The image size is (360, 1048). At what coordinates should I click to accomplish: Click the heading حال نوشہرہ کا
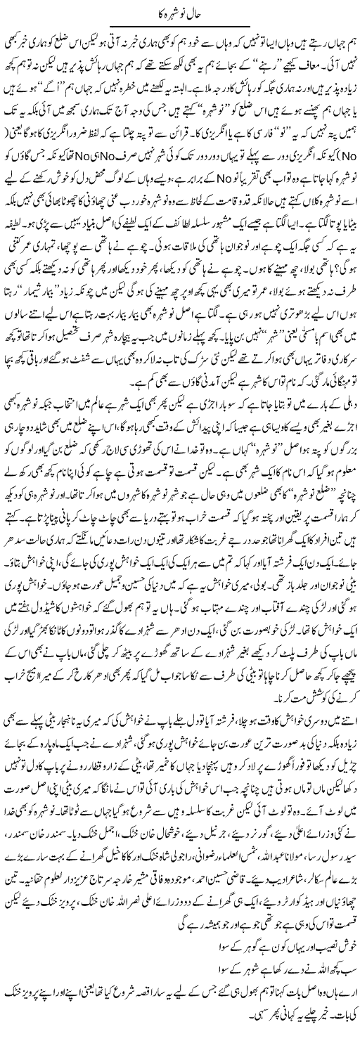click(x=179, y=10)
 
